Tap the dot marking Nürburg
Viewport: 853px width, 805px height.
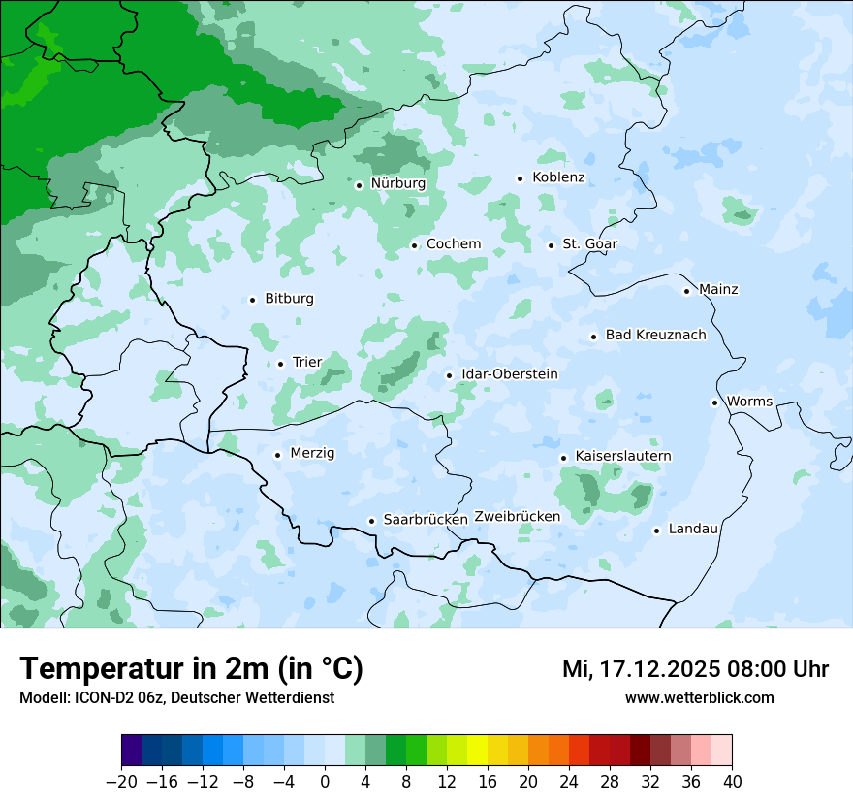point(359,184)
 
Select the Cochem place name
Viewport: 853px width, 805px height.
point(453,243)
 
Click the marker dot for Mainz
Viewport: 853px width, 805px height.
point(686,290)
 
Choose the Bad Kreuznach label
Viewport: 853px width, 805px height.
point(655,335)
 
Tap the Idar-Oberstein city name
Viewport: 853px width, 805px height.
point(509,373)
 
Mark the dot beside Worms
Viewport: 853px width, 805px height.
point(714,402)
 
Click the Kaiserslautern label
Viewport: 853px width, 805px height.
point(622,456)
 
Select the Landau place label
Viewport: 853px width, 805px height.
point(693,529)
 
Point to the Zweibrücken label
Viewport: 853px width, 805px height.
point(517,517)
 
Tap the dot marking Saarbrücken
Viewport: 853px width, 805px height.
point(371,521)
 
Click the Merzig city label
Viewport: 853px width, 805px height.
point(312,453)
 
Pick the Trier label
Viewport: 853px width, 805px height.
point(306,362)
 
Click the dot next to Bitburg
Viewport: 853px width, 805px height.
point(252,300)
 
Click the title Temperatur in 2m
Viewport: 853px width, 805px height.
point(191,668)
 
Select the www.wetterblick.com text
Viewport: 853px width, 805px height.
point(699,697)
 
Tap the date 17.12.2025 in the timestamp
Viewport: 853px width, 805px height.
point(659,668)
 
